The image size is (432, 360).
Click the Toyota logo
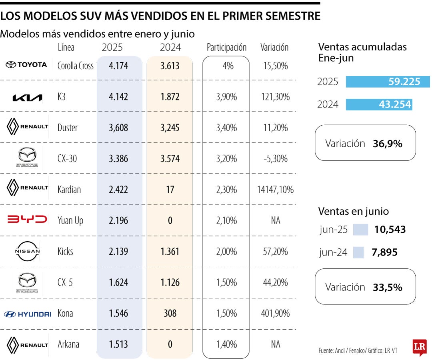click(x=26, y=65)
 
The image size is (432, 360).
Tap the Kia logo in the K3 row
click(x=27, y=98)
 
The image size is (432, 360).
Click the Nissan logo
click(x=27, y=251)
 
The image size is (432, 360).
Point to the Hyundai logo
click(x=27, y=314)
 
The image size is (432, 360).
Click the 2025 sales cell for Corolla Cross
click(x=118, y=66)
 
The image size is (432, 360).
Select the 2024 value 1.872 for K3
click(x=170, y=97)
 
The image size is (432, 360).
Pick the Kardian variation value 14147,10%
click(x=275, y=190)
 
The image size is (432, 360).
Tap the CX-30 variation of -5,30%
click(x=275, y=159)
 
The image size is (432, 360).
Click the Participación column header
click(x=226, y=48)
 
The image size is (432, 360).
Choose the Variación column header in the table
click(x=274, y=48)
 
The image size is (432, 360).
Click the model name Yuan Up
click(x=70, y=220)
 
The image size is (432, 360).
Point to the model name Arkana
click(x=69, y=344)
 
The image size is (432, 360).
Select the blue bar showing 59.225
click(x=387, y=82)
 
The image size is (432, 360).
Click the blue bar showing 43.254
click(x=378, y=104)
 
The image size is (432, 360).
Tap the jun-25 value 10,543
click(x=390, y=230)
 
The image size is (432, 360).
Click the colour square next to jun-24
click(x=358, y=252)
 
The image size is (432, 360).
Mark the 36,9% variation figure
click(x=387, y=144)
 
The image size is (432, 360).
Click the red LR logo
click(x=419, y=347)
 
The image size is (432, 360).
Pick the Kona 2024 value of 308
click(x=170, y=313)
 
